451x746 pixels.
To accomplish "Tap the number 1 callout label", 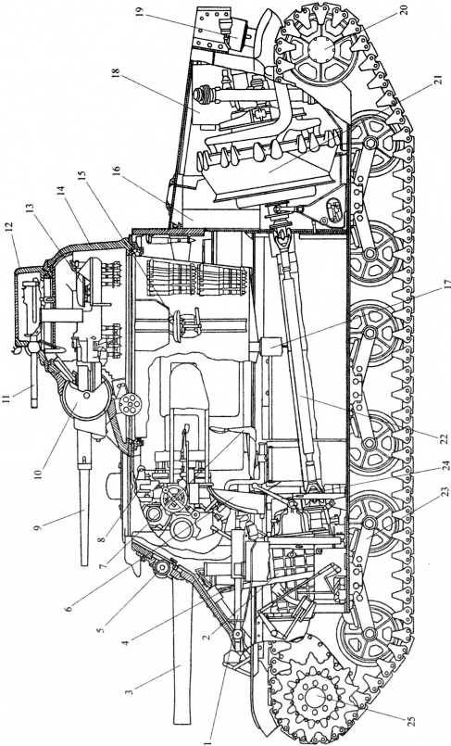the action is tap(207, 740).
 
